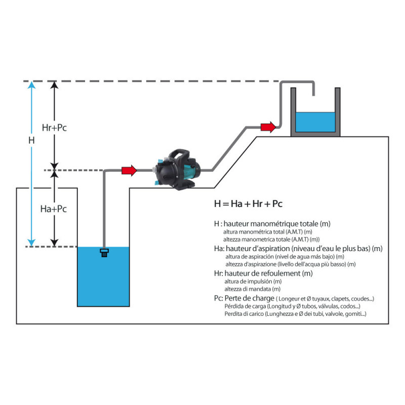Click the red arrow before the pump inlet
pyautogui.click(x=129, y=171)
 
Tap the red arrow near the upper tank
pyautogui.click(x=268, y=127)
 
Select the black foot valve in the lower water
pyautogui.click(x=105, y=252)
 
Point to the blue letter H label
pyautogui.click(x=31, y=140)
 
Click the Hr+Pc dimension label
pyautogui.click(x=55, y=128)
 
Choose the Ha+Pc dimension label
pyautogui.click(x=54, y=208)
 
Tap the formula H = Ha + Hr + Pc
pyautogui.click(x=248, y=204)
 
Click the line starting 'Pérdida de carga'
pyautogui.click(x=292, y=306)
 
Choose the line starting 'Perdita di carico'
pyautogui.click(x=295, y=314)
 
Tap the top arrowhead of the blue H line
pyautogui.click(x=31, y=85)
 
